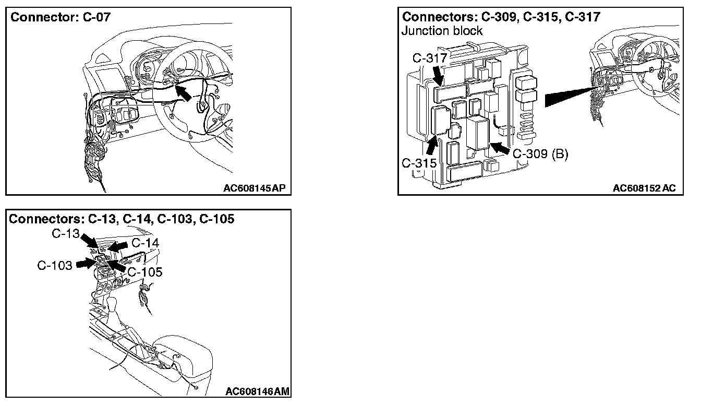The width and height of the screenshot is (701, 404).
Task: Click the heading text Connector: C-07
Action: coord(61,17)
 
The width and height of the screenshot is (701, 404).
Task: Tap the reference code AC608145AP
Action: coord(255,188)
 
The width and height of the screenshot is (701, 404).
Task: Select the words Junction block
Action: coord(442,31)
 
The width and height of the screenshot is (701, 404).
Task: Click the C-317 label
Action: coord(427,58)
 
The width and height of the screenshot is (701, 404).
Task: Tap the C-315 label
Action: coord(418,162)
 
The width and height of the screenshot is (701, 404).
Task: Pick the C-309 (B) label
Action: coord(540,155)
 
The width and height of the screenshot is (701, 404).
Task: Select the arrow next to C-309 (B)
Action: coord(500,148)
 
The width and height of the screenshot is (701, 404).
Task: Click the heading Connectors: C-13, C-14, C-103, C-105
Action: coord(122,219)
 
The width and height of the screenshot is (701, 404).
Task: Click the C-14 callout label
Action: coord(145,243)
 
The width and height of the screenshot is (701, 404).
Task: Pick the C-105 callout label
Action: coord(144,272)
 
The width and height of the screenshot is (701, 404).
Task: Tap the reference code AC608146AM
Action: coord(258,391)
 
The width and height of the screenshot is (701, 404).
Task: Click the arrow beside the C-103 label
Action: coord(85,264)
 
